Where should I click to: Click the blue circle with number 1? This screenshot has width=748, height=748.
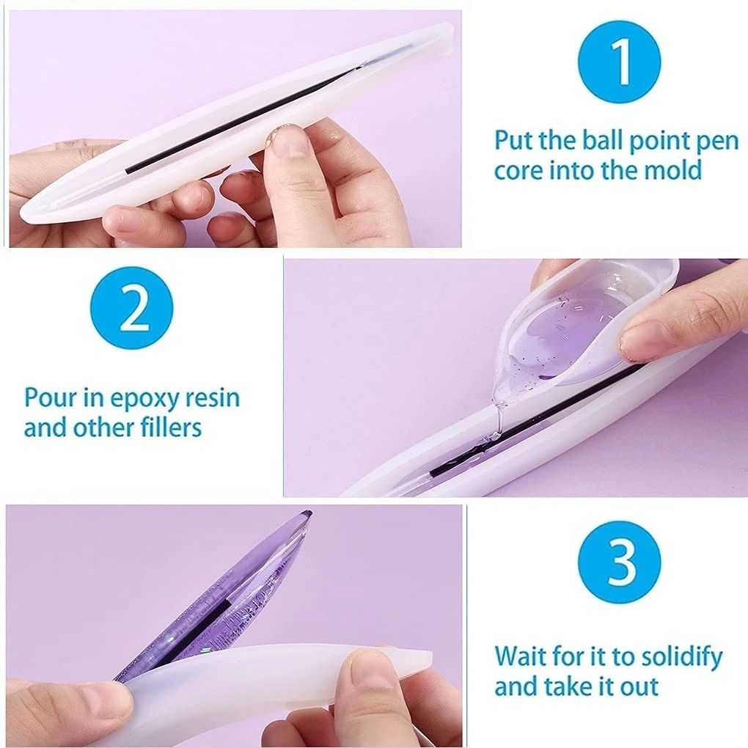point(620,63)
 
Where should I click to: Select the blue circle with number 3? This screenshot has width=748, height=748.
point(619,562)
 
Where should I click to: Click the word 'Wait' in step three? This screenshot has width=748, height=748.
point(520,656)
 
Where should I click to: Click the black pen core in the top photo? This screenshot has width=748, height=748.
point(242,121)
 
